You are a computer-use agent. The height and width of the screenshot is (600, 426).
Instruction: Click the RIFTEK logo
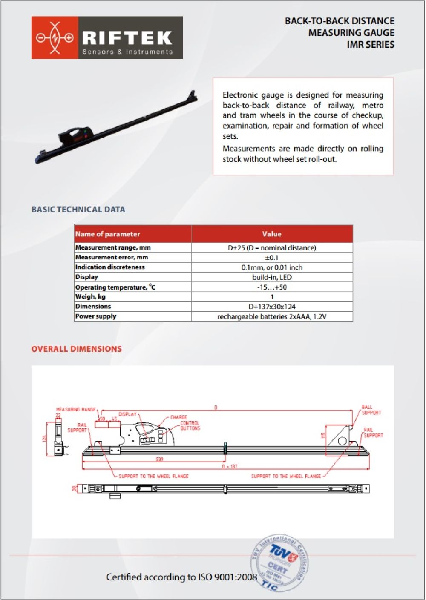pos(107,37)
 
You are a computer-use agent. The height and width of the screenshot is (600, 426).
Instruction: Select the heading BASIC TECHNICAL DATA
pos(78,210)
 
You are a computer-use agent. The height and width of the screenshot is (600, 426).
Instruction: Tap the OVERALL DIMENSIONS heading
pos(77,349)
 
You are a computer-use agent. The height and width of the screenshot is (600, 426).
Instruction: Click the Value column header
pos(272,234)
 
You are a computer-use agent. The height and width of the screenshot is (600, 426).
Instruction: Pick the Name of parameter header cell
pos(108,234)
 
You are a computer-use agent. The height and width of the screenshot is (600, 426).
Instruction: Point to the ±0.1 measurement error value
pos(272,258)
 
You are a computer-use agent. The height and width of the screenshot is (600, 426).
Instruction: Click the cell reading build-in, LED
pos(272,277)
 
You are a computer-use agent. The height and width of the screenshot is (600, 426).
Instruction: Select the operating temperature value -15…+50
pos(272,287)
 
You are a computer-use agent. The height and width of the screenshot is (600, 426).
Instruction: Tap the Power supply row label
pos(96,316)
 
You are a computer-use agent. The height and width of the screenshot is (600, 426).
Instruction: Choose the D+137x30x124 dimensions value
pos(272,307)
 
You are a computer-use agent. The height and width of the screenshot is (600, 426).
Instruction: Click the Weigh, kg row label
pos(90,297)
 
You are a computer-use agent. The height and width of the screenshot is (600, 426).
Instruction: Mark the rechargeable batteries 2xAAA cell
pos(272,316)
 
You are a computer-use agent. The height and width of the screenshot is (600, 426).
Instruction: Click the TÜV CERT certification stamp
pos(279,563)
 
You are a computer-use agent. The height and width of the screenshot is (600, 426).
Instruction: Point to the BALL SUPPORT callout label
pos(371,410)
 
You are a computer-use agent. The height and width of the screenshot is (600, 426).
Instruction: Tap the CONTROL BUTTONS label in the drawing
pos(190,426)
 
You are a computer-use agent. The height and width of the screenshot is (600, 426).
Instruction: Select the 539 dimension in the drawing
pos(159,459)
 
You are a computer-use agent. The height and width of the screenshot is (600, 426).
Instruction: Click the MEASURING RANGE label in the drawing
pos(76,410)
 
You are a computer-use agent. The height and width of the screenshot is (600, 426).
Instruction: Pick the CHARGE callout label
pos(178,417)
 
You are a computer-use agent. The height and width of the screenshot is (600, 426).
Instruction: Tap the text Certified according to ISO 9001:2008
pos(181,577)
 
